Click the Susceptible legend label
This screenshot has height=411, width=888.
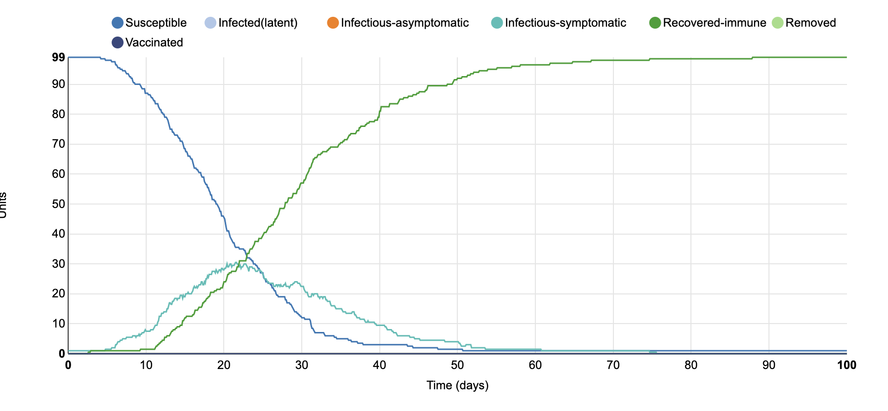(156, 23)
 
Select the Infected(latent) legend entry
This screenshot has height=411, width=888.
(257, 23)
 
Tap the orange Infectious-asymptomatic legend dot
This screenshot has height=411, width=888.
(332, 23)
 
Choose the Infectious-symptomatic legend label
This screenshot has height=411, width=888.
(565, 23)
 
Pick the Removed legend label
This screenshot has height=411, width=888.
(810, 23)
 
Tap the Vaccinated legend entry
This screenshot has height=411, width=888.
(154, 42)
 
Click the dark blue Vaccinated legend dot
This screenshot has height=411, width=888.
(118, 42)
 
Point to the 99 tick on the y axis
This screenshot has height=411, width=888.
(58, 57)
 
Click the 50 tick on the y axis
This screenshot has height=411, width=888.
(58, 204)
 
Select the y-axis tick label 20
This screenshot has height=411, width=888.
(58, 293)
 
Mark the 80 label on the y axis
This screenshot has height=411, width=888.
(58, 114)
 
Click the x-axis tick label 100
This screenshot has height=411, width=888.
(847, 366)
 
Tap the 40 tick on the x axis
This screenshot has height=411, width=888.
(379, 366)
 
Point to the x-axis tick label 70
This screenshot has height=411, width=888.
(613, 366)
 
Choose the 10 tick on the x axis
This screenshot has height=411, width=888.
(146, 366)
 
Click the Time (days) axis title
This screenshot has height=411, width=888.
(457, 385)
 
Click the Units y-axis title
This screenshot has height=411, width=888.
(4, 205)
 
